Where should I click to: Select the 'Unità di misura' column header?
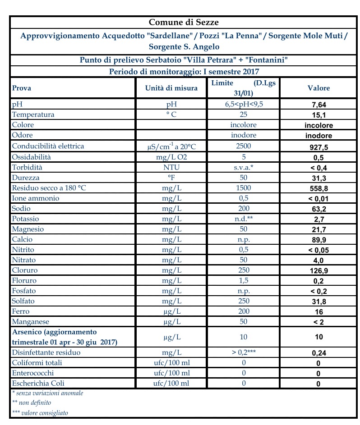tap(171, 88)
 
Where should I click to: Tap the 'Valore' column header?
tap(318, 88)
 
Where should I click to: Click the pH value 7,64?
tap(318, 105)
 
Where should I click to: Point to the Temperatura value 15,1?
tap(318, 115)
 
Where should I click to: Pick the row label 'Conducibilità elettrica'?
tap(48, 146)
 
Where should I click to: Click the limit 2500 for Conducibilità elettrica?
tap(243, 146)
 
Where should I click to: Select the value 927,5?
tap(318, 147)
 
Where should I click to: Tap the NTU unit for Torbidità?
tap(171, 167)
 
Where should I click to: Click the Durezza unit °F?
tap(171, 178)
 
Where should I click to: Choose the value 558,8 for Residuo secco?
tap(318, 188)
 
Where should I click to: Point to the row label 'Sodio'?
tap(22, 209)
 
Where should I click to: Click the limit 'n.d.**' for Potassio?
tap(243, 219)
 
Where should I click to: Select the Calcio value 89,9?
tap(318, 240)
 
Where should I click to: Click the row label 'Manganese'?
tap(30, 322)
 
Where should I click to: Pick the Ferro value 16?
tap(318, 312)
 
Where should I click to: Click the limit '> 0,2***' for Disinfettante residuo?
tap(243, 352)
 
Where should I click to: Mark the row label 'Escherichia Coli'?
tap(38, 383)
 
